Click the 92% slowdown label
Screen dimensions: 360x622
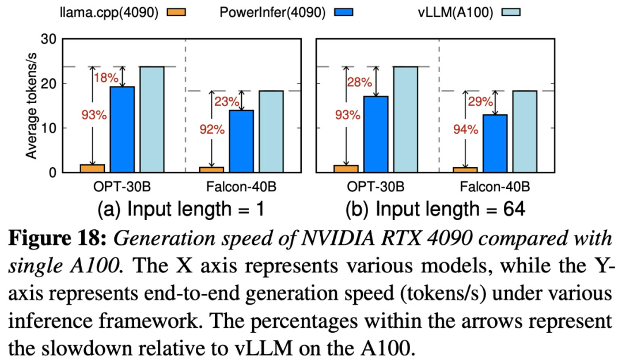tap(210, 129)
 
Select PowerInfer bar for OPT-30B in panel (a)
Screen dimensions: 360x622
tap(122, 129)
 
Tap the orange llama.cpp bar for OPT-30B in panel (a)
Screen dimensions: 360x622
tap(92, 168)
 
